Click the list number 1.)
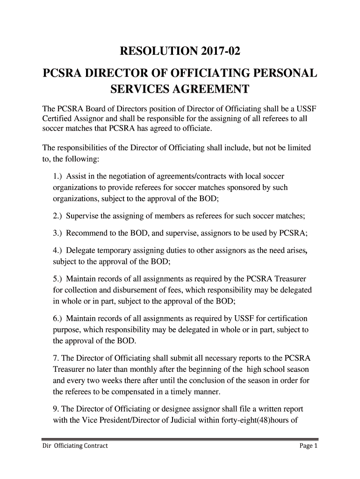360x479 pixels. (58, 176)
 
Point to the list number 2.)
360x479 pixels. (58, 216)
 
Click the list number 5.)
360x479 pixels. (58, 279)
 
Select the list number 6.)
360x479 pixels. (58, 319)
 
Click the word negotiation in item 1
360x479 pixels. (124, 176)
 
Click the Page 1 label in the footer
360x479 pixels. (309, 446)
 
